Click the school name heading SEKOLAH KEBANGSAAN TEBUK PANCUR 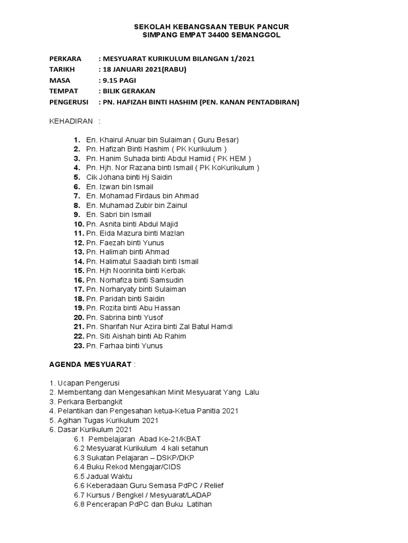(x=211, y=27)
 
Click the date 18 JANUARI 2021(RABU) (x=144, y=69)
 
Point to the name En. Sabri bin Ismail (x=118, y=215)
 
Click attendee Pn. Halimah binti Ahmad (x=127, y=252)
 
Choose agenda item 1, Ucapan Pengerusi (x=84, y=383)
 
